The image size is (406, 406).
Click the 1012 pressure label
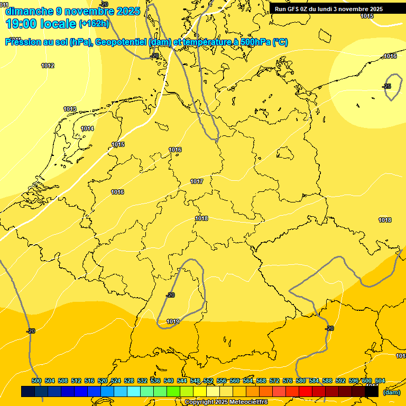pyautogui.click(x=48, y=66)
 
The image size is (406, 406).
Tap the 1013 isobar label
pyautogui.click(x=70, y=109)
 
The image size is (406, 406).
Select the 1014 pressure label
pyautogui.click(x=87, y=128)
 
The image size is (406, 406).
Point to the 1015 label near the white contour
pyautogui.click(x=118, y=144)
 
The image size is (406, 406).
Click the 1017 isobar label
pyautogui.click(x=197, y=181)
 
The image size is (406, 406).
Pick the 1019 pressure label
pyautogui.click(x=173, y=321)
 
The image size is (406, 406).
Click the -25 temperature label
pyautogui.click(x=386, y=86)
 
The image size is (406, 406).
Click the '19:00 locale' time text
pyautogui.click(x=41, y=23)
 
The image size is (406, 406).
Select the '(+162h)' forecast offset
pyautogui.click(x=94, y=24)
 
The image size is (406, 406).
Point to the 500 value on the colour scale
pyautogui.click(x=36, y=381)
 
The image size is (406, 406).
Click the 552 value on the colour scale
pyautogui.click(x=208, y=381)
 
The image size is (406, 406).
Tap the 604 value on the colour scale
pyautogui.click(x=380, y=381)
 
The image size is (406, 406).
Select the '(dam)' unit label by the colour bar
pyautogui.click(x=391, y=392)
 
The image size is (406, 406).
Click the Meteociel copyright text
pyautogui.click(x=226, y=402)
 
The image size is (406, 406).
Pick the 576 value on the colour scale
pyautogui.click(x=288, y=381)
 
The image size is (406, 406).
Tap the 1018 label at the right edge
pyautogui.click(x=385, y=220)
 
